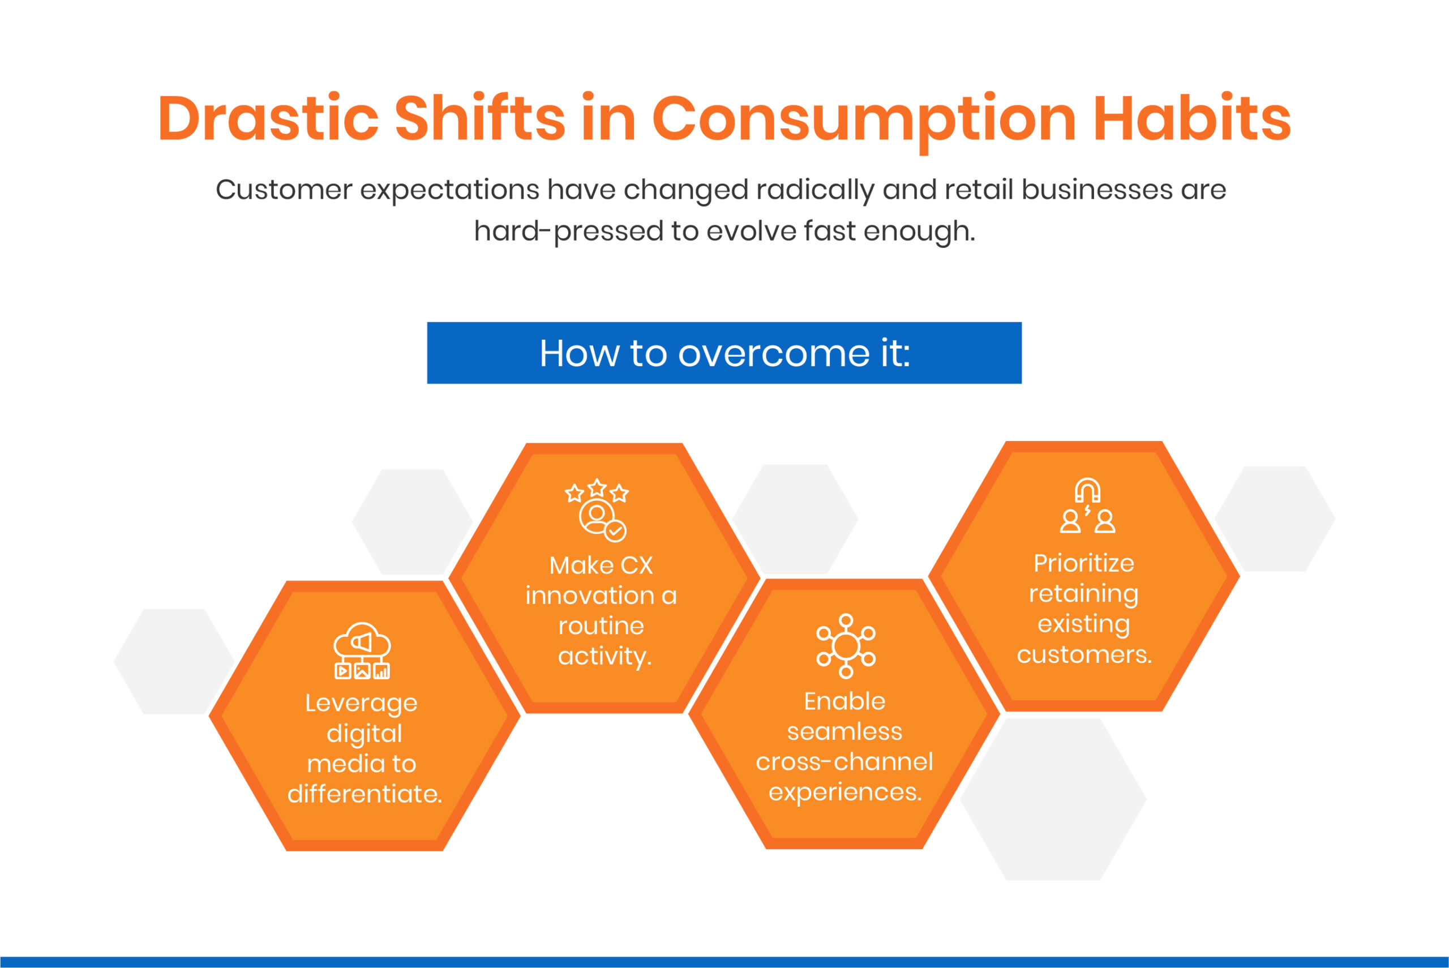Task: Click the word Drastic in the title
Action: pyautogui.click(x=267, y=118)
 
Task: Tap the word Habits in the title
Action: pyautogui.click(x=1191, y=118)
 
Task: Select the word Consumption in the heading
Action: pyautogui.click(x=864, y=118)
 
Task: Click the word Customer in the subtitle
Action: pyautogui.click(x=284, y=190)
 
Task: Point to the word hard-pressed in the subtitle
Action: pyautogui.click(x=568, y=232)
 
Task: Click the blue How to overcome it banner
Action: pyautogui.click(x=724, y=353)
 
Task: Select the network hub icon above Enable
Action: pyautogui.click(x=846, y=646)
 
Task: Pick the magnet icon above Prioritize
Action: pyautogui.click(x=1087, y=491)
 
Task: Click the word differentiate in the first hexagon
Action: pyautogui.click(x=364, y=794)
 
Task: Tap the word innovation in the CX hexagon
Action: pyautogui.click(x=589, y=596)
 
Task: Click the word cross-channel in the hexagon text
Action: pyautogui.click(x=844, y=762)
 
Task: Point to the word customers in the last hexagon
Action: pyautogui.click(x=1084, y=654)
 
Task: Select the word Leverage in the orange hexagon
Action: pyautogui.click(x=361, y=703)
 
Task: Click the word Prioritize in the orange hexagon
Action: pyautogui.click(x=1084, y=563)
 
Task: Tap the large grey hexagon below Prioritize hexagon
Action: pyautogui.click(x=1053, y=799)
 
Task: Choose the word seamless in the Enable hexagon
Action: pyautogui.click(x=844, y=731)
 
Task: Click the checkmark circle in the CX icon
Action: pyautogui.click(x=615, y=531)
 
